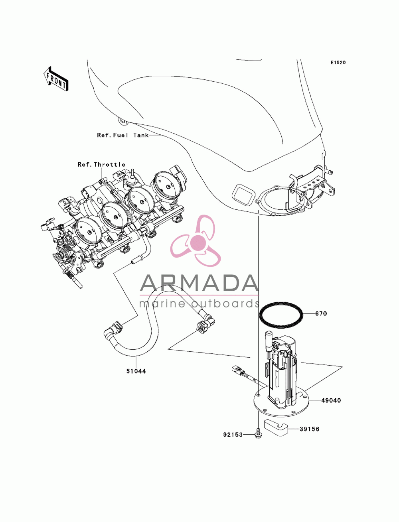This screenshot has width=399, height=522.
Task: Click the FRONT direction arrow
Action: point(56,79)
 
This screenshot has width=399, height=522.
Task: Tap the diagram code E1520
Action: point(338,63)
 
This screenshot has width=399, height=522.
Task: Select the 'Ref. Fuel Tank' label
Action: point(123,135)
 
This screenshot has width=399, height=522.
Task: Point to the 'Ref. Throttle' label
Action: point(102,164)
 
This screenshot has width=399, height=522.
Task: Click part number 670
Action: point(321,313)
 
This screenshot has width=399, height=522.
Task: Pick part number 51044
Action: point(136,371)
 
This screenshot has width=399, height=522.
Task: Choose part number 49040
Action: point(331,400)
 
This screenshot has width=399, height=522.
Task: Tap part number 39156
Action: point(309,429)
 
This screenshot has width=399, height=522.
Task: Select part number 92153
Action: point(233,435)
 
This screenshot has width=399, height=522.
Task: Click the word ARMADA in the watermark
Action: point(199,283)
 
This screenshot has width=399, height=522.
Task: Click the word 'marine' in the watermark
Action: point(162,304)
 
